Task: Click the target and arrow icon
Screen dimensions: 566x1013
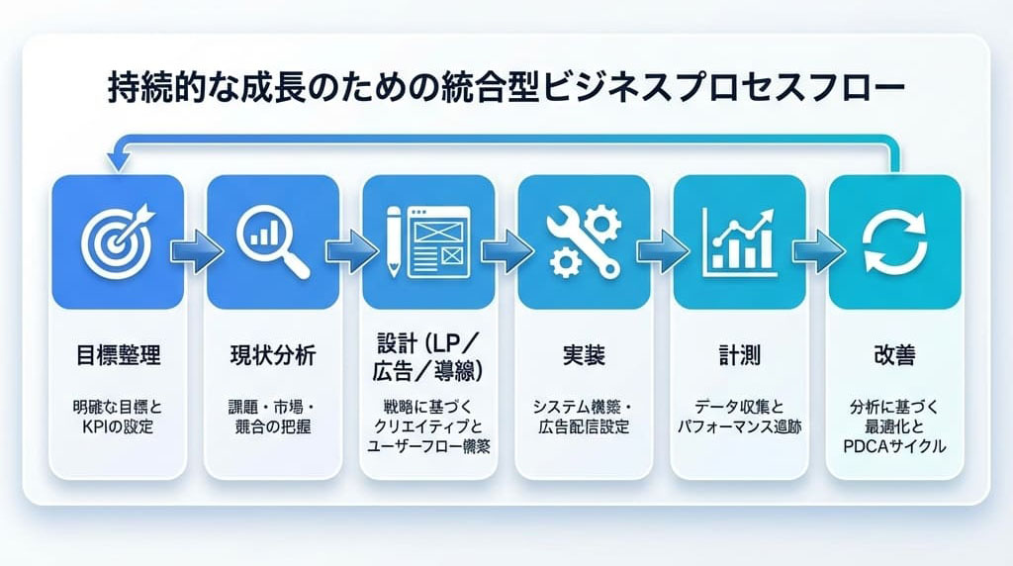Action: pyautogui.click(x=117, y=240)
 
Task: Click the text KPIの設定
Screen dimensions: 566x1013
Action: pyautogui.click(x=118, y=429)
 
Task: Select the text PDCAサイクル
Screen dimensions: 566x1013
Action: pyautogui.click(x=893, y=446)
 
